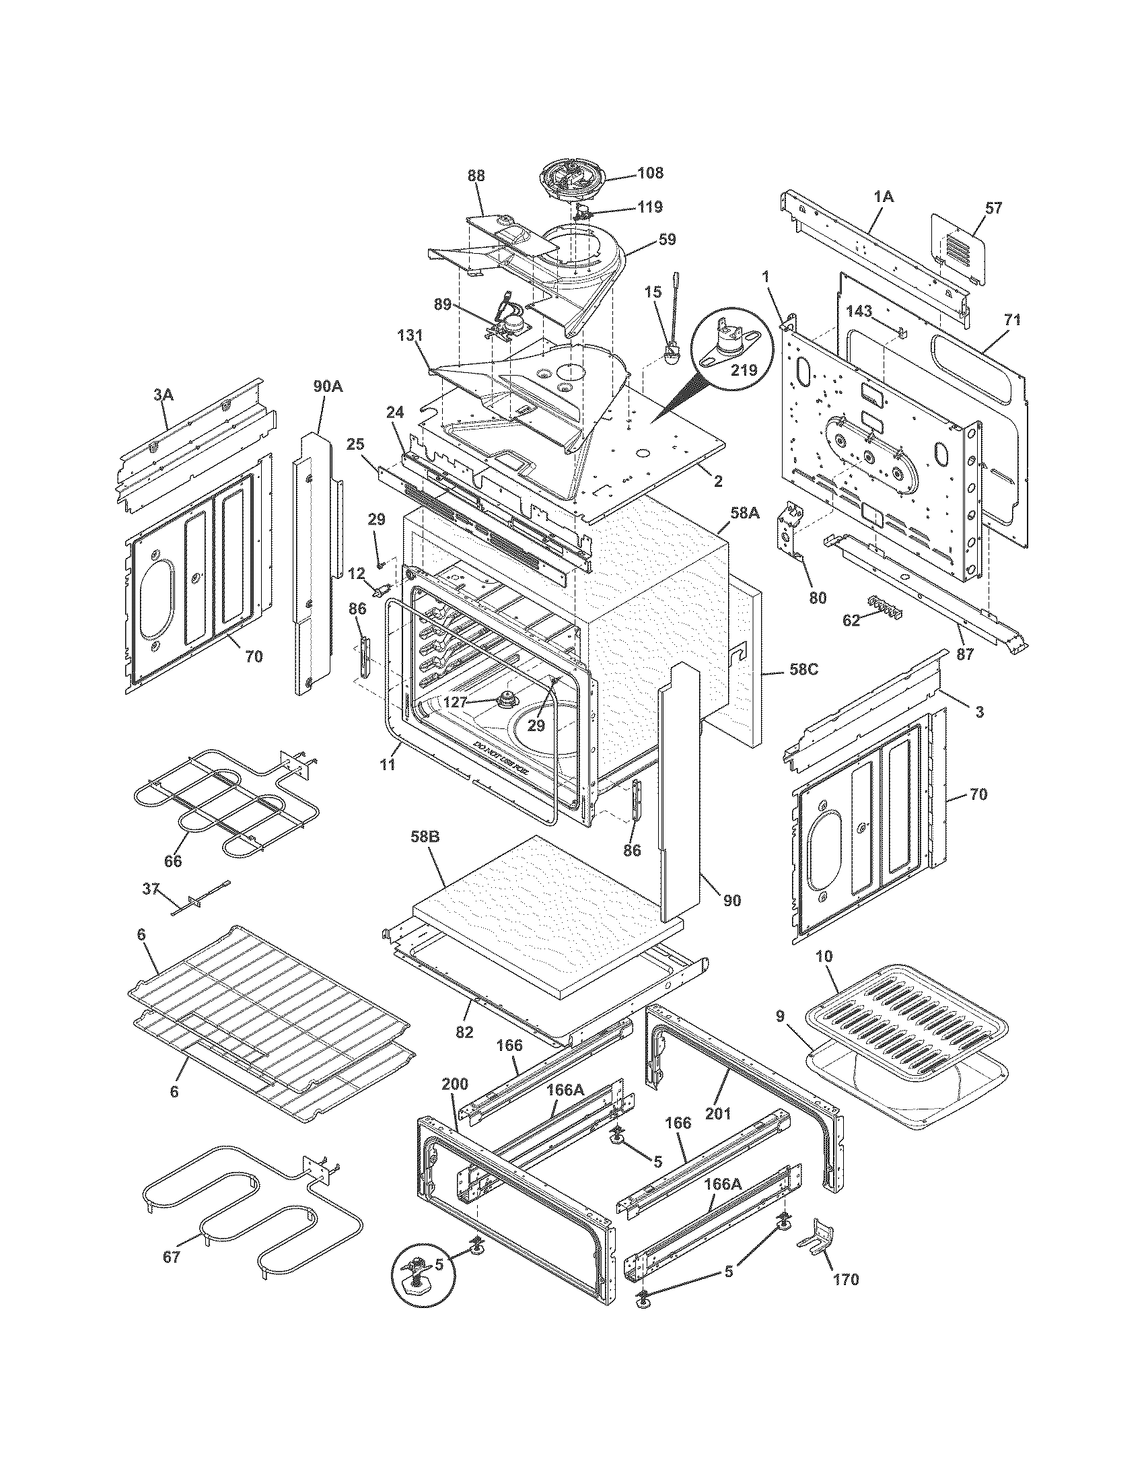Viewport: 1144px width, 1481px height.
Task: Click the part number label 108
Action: point(650,172)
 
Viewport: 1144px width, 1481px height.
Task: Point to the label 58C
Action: point(803,668)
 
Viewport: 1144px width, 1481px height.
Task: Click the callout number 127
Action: point(455,703)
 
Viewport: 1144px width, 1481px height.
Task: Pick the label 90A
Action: point(327,386)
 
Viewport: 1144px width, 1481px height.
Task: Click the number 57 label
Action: point(993,208)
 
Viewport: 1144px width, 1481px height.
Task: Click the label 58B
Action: point(425,837)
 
